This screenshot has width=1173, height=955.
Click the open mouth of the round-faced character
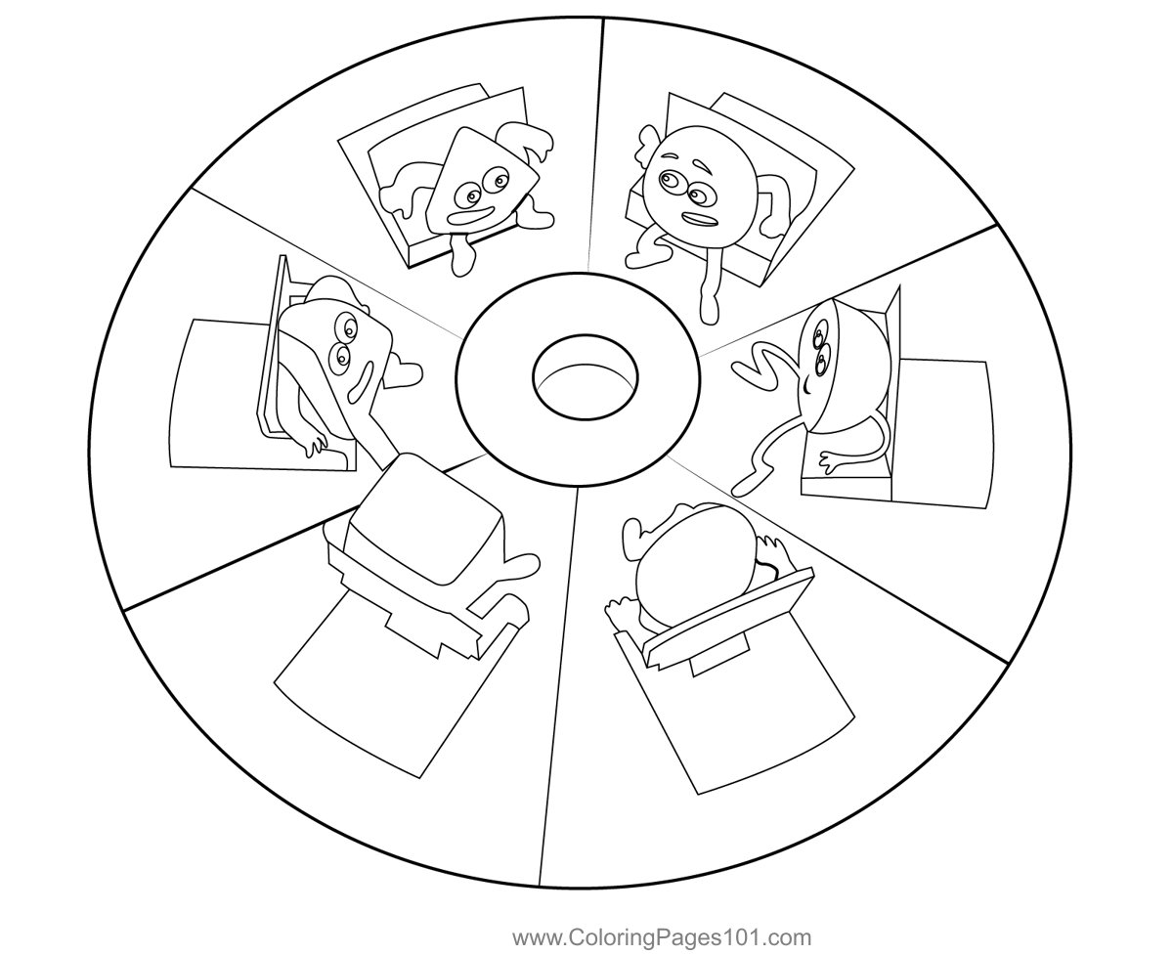[x=700, y=219]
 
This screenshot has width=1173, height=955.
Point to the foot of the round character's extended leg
[x=709, y=309]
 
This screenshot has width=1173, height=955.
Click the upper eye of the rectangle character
[x=349, y=328]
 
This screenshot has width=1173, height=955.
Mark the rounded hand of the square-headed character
[x=519, y=566]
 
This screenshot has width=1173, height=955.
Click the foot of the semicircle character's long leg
[x=745, y=485]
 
